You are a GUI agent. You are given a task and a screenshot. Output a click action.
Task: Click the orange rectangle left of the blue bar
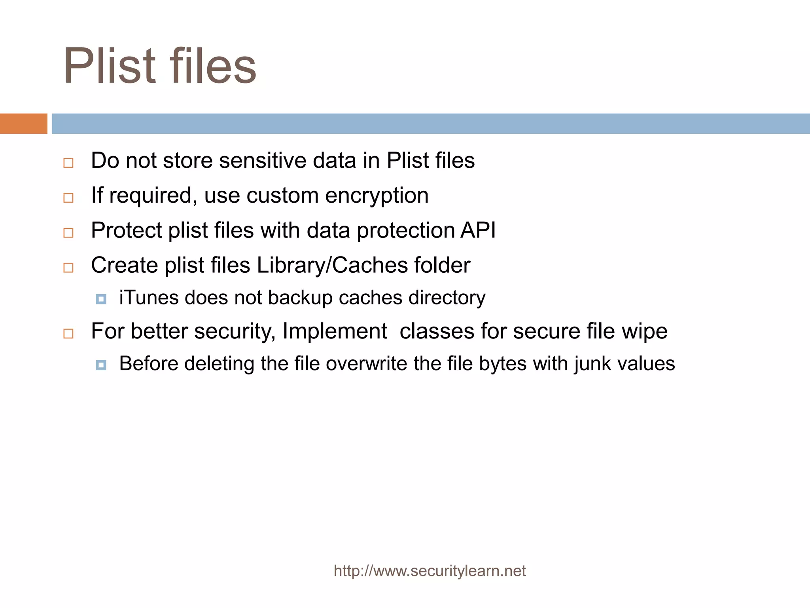click(23, 123)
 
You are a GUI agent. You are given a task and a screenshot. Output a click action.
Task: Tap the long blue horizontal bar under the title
click(431, 123)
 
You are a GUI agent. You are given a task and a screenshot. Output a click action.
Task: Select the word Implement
click(335, 331)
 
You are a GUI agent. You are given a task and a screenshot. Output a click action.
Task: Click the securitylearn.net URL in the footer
click(430, 571)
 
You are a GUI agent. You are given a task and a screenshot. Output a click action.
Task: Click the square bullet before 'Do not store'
click(68, 163)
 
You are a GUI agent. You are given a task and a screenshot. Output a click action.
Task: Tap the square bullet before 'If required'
click(68, 198)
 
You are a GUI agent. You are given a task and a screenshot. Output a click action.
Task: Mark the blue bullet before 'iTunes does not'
click(101, 299)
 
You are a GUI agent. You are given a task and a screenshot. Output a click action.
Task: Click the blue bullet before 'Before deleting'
click(101, 365)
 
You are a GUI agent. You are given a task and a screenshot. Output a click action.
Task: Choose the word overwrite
click(366, 364)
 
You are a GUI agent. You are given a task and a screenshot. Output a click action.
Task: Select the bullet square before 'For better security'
click(68, 334)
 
